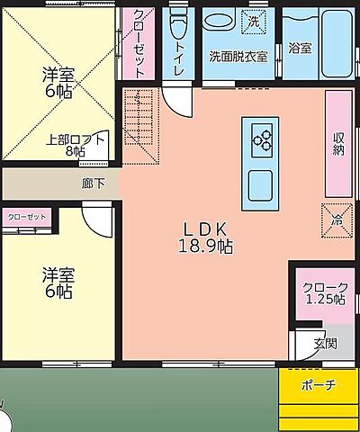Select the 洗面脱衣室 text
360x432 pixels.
238,56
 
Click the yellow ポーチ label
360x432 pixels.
318,385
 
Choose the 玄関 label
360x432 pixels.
325,343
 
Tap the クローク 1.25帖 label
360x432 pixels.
324,292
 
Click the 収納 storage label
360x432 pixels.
337,142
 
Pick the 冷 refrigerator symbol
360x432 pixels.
337,219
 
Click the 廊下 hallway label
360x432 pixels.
93,184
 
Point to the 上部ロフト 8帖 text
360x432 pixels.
76,145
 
